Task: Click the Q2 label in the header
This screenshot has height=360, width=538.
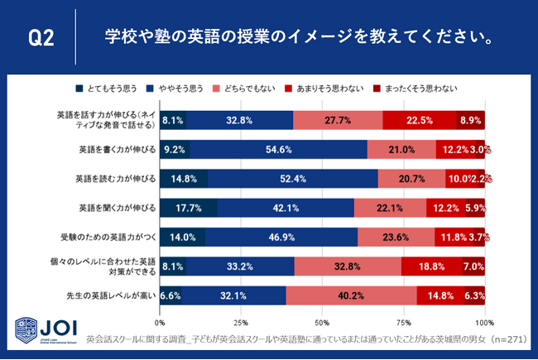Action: tap(41, 38)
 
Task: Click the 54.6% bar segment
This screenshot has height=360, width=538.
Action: tap(278, 149)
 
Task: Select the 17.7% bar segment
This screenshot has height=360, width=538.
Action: tap(188, 208)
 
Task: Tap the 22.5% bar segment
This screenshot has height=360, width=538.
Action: tap(418, 120)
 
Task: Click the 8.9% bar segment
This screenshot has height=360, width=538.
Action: tap(470, 120)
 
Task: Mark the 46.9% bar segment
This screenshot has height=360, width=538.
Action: tap(281, 237)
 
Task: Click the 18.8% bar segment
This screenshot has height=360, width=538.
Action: tap(431, 266)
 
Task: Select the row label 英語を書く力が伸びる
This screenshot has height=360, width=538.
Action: tap(113, 149)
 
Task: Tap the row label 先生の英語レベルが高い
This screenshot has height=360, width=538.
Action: tap(109, 295)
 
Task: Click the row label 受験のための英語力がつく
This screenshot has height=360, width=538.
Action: tap(108, 237)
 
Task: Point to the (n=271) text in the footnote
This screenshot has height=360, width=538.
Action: tap(502, 338)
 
